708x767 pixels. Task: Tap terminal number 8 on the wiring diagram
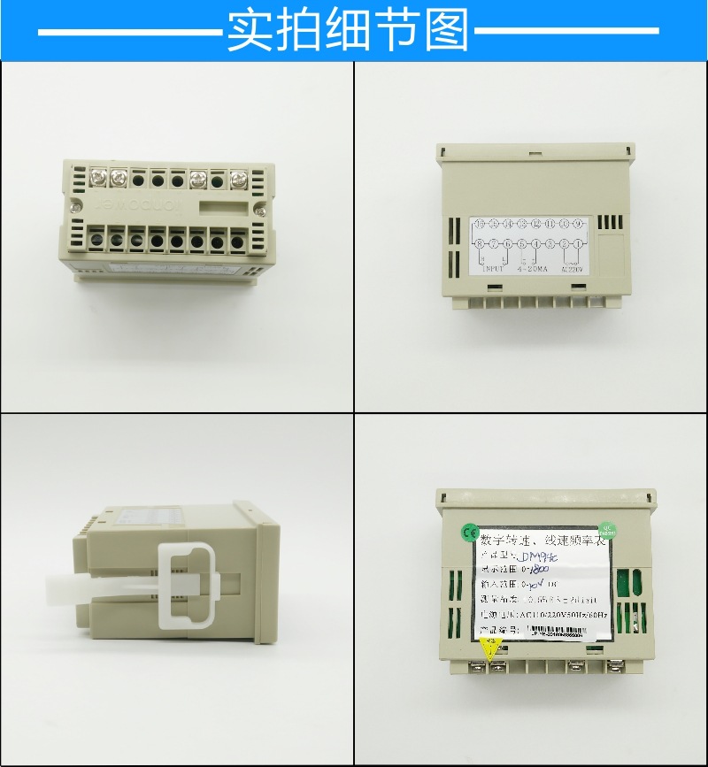pos(479,243)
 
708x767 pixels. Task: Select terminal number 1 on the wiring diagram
pos(578,243)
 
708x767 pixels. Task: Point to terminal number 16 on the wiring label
pos(479,223)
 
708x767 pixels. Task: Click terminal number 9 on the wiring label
pos(578,223)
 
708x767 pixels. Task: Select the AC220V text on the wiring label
pos(573,269)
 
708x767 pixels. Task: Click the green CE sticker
pos(467,532)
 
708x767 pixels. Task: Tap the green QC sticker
pos(607,527)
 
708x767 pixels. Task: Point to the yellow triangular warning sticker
pos(488,646)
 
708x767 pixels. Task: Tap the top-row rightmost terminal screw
pos(238,180)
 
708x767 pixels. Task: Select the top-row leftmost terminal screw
pos(94,175)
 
